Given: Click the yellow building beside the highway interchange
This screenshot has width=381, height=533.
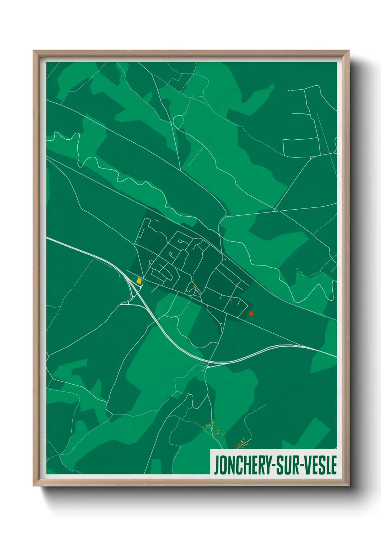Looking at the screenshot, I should pos(139,280).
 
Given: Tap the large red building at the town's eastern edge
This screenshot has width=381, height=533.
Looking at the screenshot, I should pos(251,314).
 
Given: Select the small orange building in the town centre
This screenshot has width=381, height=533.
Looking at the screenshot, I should pos(195,287).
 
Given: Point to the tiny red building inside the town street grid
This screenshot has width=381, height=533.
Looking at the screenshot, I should pos(230,300).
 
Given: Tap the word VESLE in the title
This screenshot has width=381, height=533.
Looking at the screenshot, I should pos(320,465).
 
